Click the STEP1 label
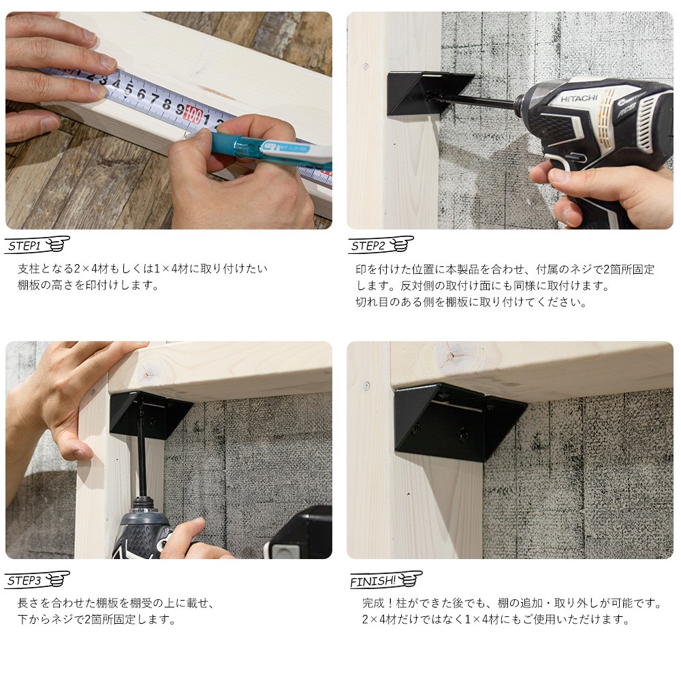pos(25,247)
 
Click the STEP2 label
pos(368,247)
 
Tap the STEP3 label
pos(25,581)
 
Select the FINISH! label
pos(373,581)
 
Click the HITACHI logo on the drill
pos(579,99)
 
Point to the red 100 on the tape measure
pos(193,116)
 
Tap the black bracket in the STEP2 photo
pos(428,94)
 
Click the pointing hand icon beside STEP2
pos(401,244)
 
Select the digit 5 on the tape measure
pos(129,89)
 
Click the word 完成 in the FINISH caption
pos(373,603)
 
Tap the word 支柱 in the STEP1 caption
pos(29,269)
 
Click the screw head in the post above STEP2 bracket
pos(366,67)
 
